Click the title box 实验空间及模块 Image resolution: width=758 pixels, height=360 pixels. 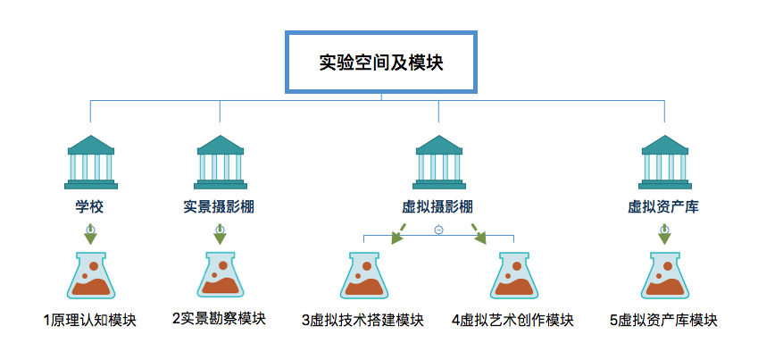coord(380,63)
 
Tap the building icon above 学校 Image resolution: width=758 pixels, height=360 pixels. coord(91,163)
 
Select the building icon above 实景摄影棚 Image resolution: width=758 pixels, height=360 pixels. coord(221,163)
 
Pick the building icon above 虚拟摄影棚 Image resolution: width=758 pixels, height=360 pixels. coord(438,163)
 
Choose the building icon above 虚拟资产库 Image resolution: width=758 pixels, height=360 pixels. coord(664,163)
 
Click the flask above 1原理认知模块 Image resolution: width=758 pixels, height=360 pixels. coord(91,275)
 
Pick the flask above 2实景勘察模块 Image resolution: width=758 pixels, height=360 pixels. coord(220,275)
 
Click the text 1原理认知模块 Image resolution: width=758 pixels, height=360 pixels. coord(90,320)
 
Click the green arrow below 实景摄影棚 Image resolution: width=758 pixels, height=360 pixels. coord(220,235)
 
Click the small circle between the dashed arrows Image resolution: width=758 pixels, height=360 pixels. coord(438,230)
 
